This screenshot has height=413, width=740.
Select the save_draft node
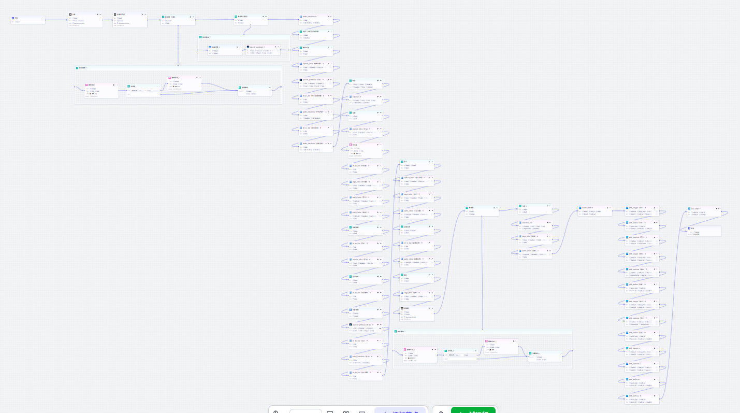tap(703, 211)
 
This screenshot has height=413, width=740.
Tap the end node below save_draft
tap(703, 231)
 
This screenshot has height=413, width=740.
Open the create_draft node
tap(594, 210)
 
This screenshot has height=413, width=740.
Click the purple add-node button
tap(400, 410)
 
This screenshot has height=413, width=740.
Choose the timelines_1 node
tap(535, 224)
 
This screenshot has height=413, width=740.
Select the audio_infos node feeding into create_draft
tap(535, 253)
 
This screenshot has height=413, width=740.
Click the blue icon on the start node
tap(13, 18)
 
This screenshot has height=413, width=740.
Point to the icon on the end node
tap(689, 228)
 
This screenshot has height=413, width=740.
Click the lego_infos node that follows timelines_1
tap(535, 238)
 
